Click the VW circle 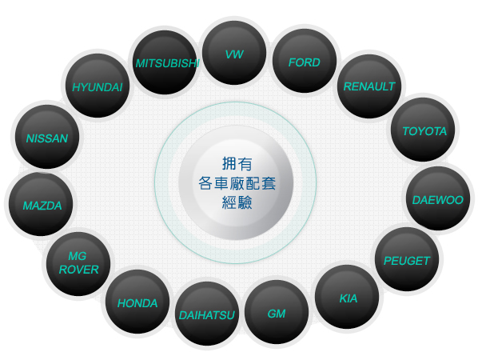tap(234, 53)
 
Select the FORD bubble tap(305, 61)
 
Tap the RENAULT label tap(369, 86)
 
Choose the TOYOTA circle tap(423, 130)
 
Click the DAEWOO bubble tap(438, 198)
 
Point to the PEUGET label tap(407, 261)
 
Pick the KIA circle tap(347, 297)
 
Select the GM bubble tap(277, 312)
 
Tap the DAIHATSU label tap(207, 315)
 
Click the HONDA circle tap(137, 302)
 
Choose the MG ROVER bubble tap(78, 264)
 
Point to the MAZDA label tap(42, 206)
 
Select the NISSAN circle tap(47, 137)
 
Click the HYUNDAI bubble tap(98, 86)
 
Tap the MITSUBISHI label tap(167, 63)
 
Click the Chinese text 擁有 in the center tap(237, 164)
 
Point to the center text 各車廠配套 tap(237, 183)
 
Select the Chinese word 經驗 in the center tap(237, 202)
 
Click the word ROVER tap(78, 270)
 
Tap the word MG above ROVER tap(78, 256)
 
